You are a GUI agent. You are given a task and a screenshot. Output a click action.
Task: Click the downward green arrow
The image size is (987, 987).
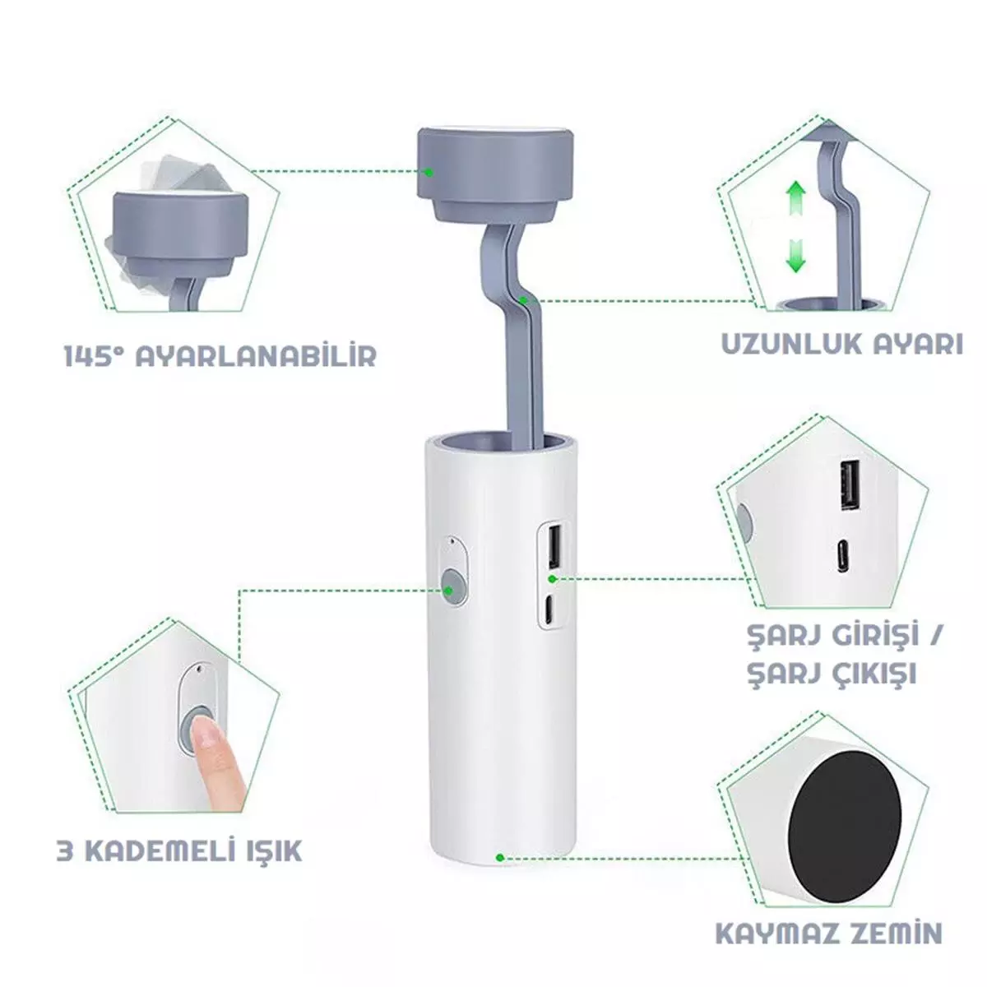795,254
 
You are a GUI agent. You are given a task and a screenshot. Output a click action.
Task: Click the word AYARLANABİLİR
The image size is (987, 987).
256,355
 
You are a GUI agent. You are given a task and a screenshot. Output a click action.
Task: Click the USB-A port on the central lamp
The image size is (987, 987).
554,548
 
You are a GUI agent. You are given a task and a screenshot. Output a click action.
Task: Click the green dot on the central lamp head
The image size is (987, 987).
429,173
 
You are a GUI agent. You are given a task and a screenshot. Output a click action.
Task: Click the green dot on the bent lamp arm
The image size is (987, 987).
522,300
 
